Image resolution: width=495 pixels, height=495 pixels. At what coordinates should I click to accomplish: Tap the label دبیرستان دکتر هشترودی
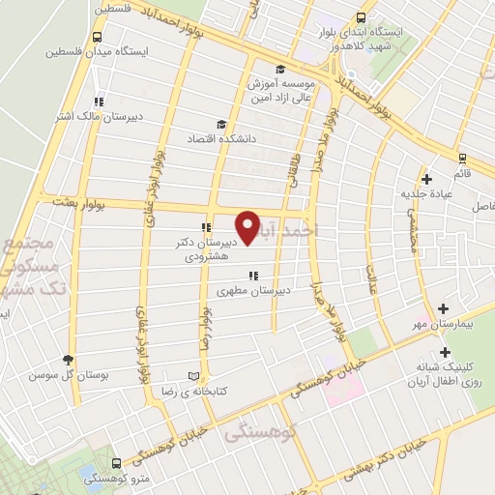tap(204, 247)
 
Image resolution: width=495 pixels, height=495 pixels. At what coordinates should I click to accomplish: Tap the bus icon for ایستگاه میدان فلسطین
tap(96, 38)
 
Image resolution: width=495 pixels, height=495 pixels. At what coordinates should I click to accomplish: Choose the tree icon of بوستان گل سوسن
tap(68, 358)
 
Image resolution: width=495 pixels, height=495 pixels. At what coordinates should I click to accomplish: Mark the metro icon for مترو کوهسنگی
tap(117, 463)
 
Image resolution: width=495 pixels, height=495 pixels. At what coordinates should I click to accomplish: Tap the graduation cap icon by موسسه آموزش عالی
tap(280, 69)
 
